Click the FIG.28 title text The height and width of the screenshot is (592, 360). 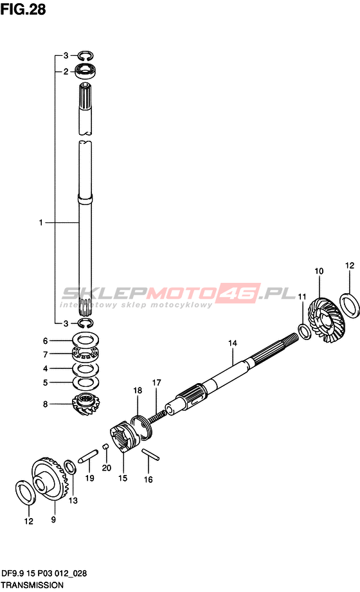pos(23,9)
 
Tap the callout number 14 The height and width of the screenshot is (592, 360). pos(232,343)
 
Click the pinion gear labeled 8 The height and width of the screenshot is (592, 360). pos(85,404)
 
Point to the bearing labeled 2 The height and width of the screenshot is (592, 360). pos(85,71)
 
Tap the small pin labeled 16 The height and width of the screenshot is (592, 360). pos(150,454)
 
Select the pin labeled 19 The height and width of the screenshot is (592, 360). pos(88,456)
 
